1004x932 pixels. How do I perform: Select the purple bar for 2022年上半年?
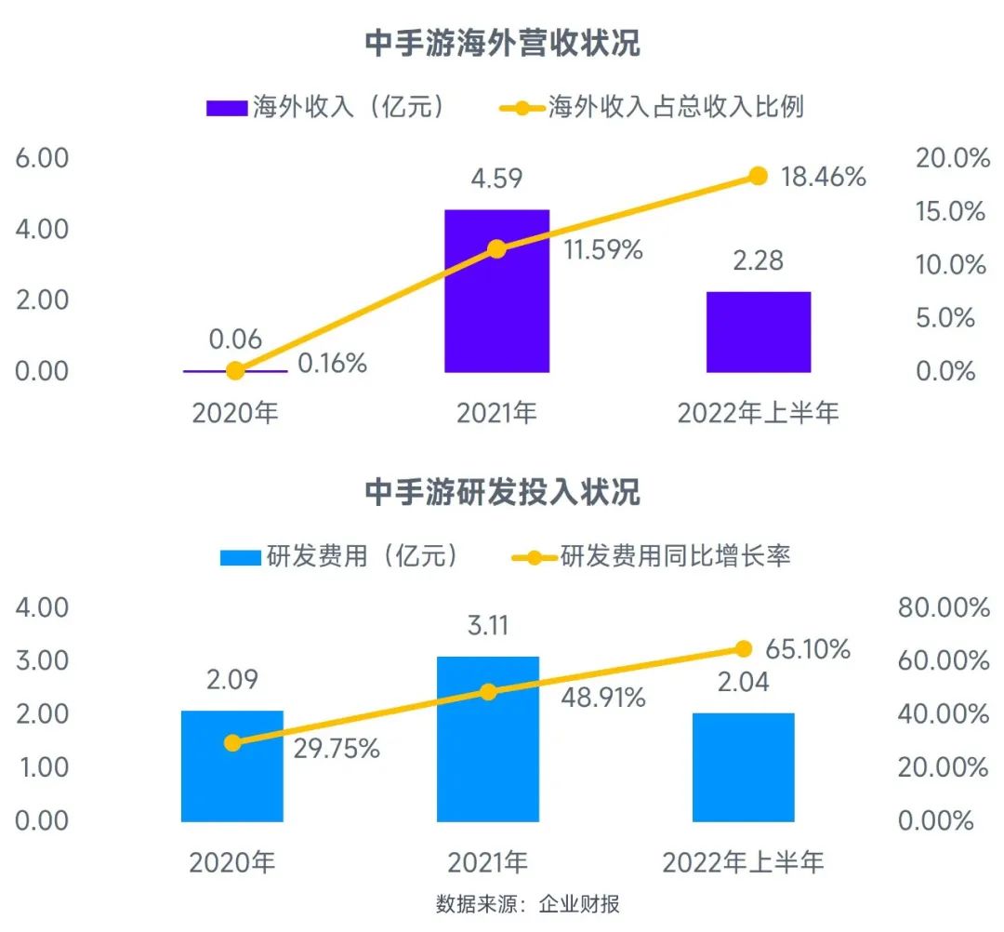758,332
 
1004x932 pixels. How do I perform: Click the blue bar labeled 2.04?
744,767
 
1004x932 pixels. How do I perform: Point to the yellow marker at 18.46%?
758,176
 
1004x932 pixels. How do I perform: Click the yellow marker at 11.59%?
496,249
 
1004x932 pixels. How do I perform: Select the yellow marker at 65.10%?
744,648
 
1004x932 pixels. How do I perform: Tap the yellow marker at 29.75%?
232,742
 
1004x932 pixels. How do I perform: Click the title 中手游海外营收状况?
502,44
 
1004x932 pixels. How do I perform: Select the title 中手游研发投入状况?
502,492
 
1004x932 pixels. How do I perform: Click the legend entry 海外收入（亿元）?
325,107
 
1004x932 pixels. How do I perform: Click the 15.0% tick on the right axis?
951,212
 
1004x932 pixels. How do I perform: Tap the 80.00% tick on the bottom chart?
943,608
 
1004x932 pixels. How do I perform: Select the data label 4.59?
496,178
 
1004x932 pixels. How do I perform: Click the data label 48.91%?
603,698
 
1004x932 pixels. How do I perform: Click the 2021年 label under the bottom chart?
488,863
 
